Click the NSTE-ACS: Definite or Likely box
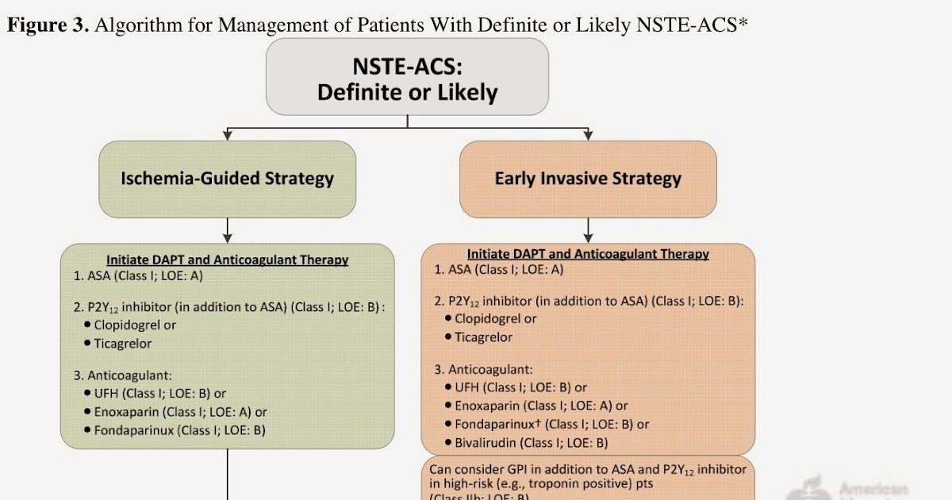tap(407, 77)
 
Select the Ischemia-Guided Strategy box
tap(227, 179)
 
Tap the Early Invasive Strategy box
tap(588, 179)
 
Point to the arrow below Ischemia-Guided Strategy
tap(228, 230)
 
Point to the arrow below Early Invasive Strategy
tap(588, 230)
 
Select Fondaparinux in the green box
tap(179, 430)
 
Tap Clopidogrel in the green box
tap(135, 325)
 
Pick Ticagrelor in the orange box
tap(483, 337)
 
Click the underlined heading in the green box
tap(227, 260)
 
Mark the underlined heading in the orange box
tap(588, 254)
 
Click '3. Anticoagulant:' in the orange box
tap(484, 369)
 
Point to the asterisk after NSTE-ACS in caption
tap(743, 22)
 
